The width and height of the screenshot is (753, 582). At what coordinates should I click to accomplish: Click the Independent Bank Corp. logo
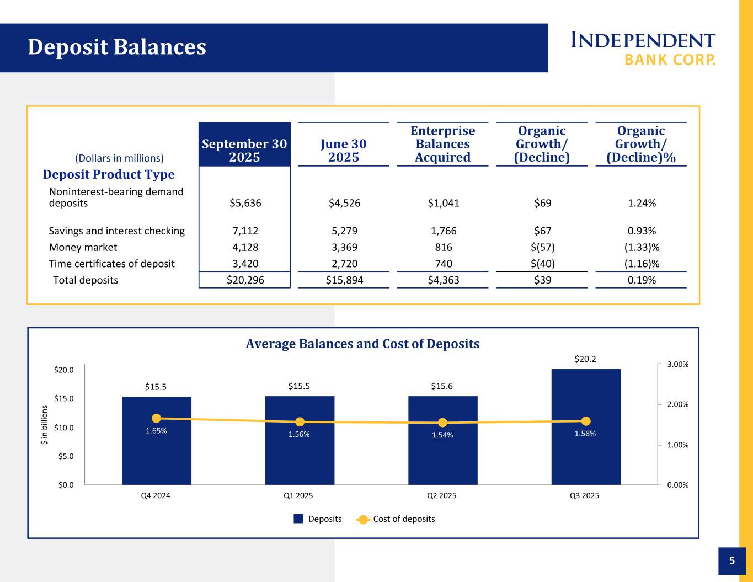click(x=643, y=48)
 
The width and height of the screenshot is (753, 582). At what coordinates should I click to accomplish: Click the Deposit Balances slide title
click(x=117, y=47)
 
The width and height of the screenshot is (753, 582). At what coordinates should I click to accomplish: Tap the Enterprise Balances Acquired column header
click(x=442, y=144)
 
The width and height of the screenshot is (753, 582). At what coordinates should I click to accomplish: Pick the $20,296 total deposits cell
click(x=245, y=280)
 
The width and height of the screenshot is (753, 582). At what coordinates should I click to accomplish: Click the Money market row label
click(x=83, y=247)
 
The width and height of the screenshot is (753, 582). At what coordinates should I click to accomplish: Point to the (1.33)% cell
click(x=642, y=247)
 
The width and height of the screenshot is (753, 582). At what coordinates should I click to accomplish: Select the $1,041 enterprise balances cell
click(x=443, y=203)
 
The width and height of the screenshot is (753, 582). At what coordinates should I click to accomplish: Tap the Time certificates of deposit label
click(x=111, y=264)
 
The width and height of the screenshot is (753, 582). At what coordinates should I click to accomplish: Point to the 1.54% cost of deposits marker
click(x=442, y=423)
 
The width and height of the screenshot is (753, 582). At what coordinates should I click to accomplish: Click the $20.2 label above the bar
click(x=585, y=359)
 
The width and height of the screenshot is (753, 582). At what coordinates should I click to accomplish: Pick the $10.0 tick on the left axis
click(x=64, y=428)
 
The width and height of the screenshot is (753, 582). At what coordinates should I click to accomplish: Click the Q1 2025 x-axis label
click(x=298, y=495)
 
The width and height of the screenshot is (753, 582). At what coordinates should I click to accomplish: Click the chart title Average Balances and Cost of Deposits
click(x=362, y=344)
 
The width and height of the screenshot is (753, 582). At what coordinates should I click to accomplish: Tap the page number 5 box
click(x=732, y=561)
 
